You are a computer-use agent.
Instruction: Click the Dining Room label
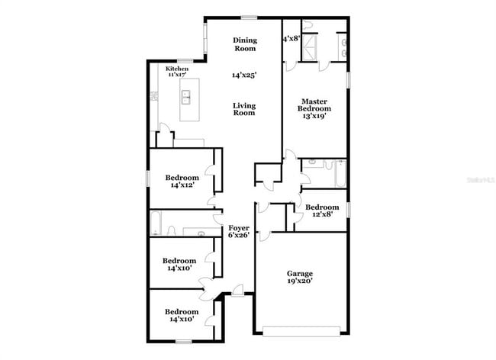(244, 44)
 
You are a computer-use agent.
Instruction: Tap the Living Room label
(244, 109)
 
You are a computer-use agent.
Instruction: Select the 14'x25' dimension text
(244, 76)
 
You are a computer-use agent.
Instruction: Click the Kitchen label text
(177, 69)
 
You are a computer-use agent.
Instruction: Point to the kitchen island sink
(186, 97)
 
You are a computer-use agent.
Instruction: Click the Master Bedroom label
(314, 105)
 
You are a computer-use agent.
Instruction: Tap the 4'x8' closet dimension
(291, 38)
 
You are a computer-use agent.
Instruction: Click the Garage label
(300, 273)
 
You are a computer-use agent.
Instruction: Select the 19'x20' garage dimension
(300, 281)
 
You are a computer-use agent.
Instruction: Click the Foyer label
(238, 227)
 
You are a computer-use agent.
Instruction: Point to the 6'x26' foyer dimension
(238, 236)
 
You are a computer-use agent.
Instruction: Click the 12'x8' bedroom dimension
(321, 214)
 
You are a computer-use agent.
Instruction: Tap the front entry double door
(206, 284)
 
